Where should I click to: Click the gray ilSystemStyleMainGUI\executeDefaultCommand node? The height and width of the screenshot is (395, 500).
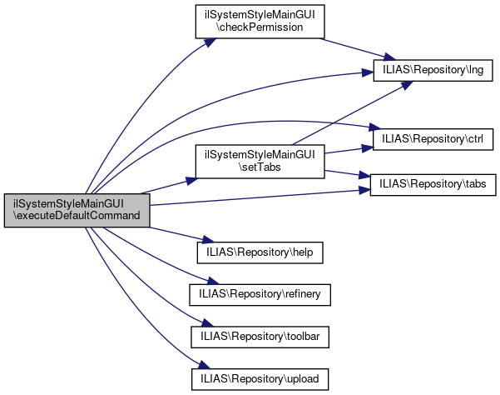pos(77,210)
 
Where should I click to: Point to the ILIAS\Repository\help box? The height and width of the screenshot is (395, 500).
pos(258,249)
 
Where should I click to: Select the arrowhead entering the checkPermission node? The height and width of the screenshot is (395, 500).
pos(200,42)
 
